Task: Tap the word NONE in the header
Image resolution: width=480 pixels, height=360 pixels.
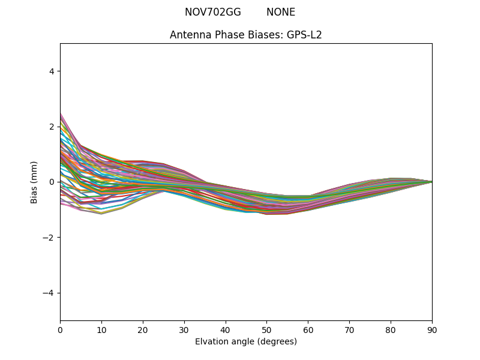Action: click(x=281, y=12)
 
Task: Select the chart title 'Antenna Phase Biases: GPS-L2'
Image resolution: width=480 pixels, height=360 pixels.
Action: click(x=246, y=35)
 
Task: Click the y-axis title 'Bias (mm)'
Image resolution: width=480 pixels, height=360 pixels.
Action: click(x=34, y=182)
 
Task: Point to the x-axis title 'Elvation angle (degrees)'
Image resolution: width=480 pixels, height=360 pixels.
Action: click(x=246, y=341)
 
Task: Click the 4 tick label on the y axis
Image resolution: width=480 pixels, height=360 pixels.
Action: click(x=52, y=71)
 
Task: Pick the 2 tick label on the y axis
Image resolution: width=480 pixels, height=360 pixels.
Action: click(x=52, y=127)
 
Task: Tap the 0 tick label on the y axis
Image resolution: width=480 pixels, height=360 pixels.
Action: click(x=52, y=182)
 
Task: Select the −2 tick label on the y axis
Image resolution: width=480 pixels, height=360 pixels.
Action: click(x=49, y=238)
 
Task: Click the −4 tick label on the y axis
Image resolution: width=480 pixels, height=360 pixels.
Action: click(x=49, y=293)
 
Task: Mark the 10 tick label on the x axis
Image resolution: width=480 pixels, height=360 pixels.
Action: click(x=101, y=329)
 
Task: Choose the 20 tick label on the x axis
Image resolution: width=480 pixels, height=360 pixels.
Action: click(x=143, y=329)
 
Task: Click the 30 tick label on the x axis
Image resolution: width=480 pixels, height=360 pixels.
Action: click(x=184, y=329)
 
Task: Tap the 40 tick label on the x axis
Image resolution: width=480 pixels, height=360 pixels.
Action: click(x=226, y=329)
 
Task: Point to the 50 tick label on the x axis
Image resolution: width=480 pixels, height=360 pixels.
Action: click(x=266, y=329)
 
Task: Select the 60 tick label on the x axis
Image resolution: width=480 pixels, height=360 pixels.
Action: click(x=308, y=329)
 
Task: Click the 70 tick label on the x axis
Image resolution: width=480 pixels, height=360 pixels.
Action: click(x=349, y=329)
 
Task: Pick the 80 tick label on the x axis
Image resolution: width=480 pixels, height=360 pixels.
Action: click(x=391, y=329)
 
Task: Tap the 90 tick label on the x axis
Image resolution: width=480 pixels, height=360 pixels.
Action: click(x=432, y=329)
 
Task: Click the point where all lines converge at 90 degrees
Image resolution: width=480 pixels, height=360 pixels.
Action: click(x=431, y=182)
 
